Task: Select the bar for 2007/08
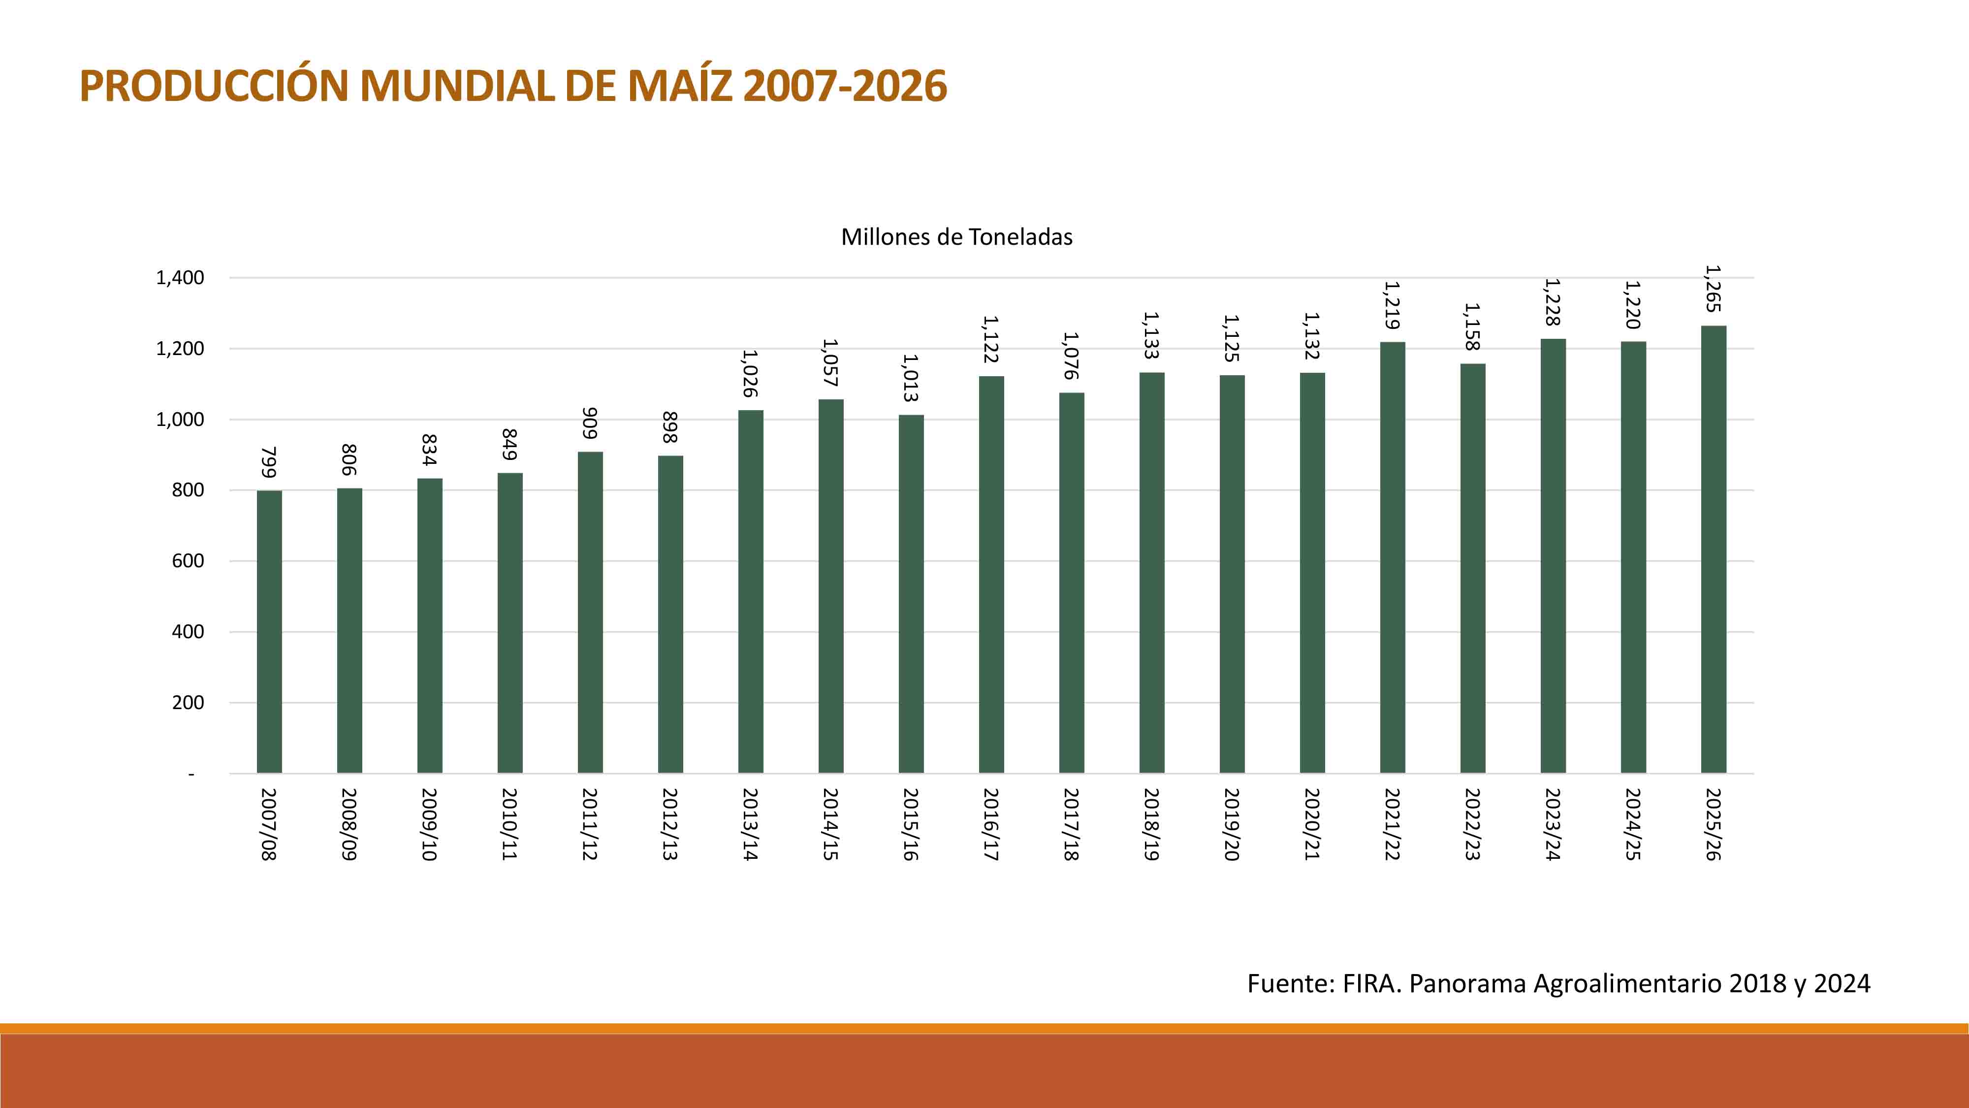(269, 632)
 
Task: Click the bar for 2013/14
(751, 591)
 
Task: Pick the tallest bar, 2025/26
(1713, 549)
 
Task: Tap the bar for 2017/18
(1072, 583)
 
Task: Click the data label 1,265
(1713, 289)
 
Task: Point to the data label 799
(269, 462)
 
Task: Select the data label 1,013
(910, 378)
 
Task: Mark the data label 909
(590, 424)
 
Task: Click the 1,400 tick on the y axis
(180, 278)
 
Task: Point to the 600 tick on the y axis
(188, 561)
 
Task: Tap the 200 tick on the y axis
(188, 703)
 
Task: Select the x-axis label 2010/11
(510, 824)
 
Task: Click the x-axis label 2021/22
(1392, 824)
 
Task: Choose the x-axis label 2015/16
(910, 824)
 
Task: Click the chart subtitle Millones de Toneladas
(956, 237)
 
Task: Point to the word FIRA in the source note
(1371, 983)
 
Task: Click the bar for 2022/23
(1473, 568)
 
